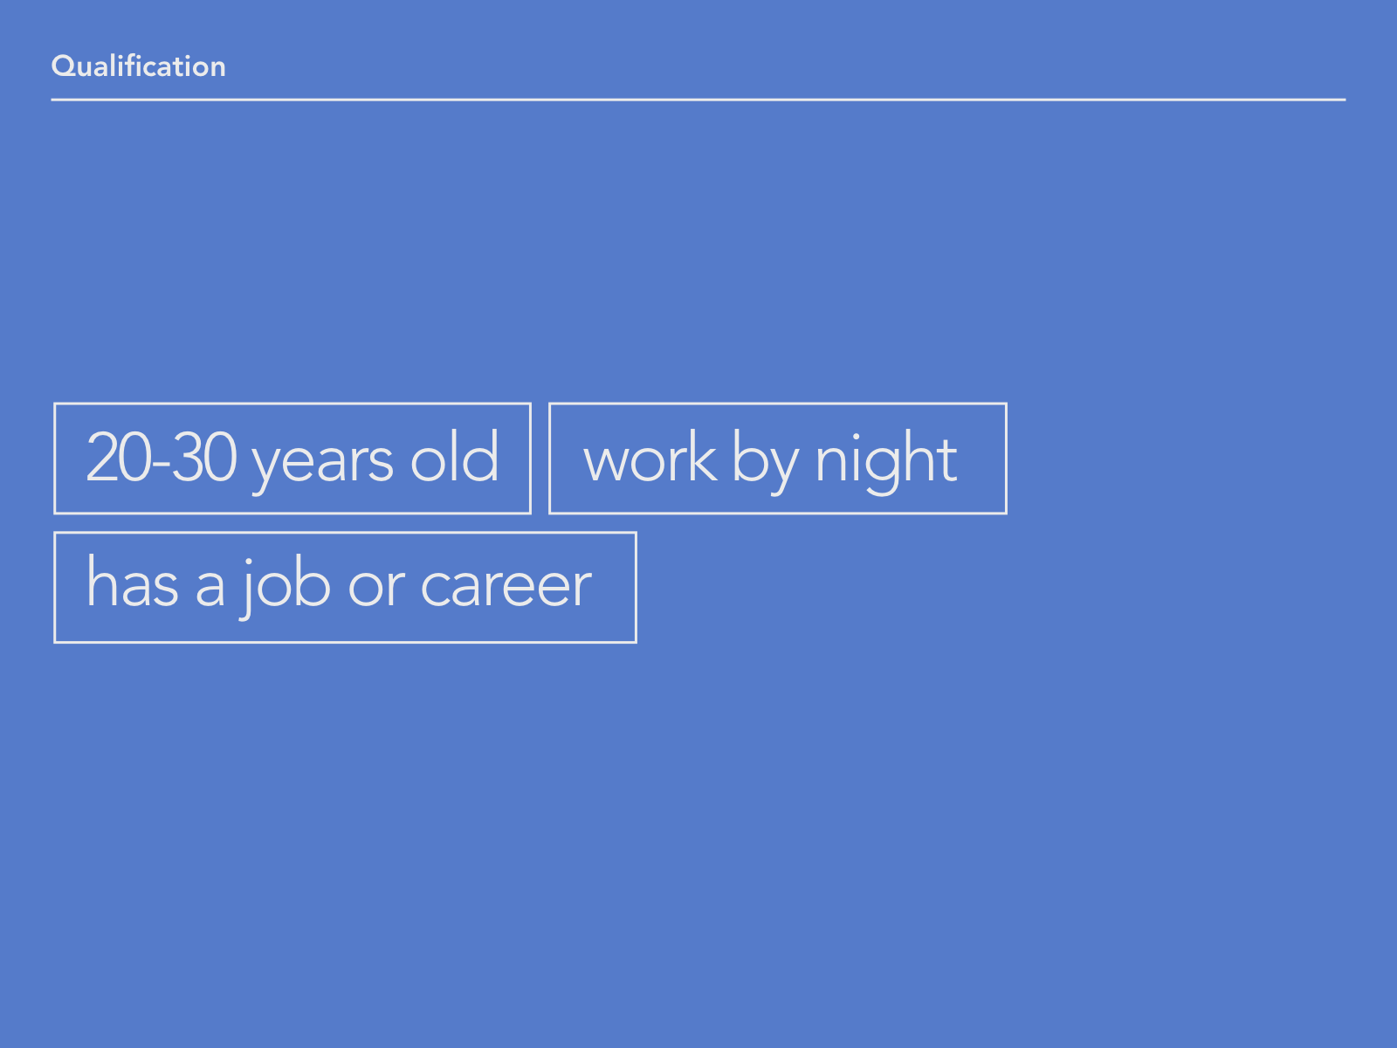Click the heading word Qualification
[138, 66]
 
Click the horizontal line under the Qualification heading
[698, 100]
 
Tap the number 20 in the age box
[119, 456]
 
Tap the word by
[765, 462]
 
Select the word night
[886, 462]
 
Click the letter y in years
[269, 469]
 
